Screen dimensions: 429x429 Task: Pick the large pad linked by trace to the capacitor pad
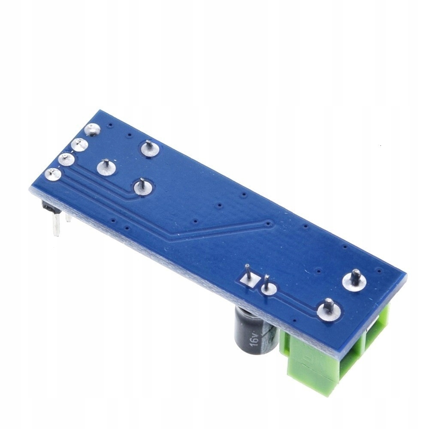point(328,310)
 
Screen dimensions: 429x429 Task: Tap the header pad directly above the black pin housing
point(53,174)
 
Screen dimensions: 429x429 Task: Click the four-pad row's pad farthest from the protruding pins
point(92,129)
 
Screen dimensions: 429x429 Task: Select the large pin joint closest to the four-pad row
point(106,167)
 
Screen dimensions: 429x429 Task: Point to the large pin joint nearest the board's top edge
point(150,148)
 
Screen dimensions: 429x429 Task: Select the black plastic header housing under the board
point(48,208)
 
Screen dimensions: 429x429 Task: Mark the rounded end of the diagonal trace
point(268,223)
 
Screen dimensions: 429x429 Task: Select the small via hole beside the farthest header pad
point(111,125)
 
